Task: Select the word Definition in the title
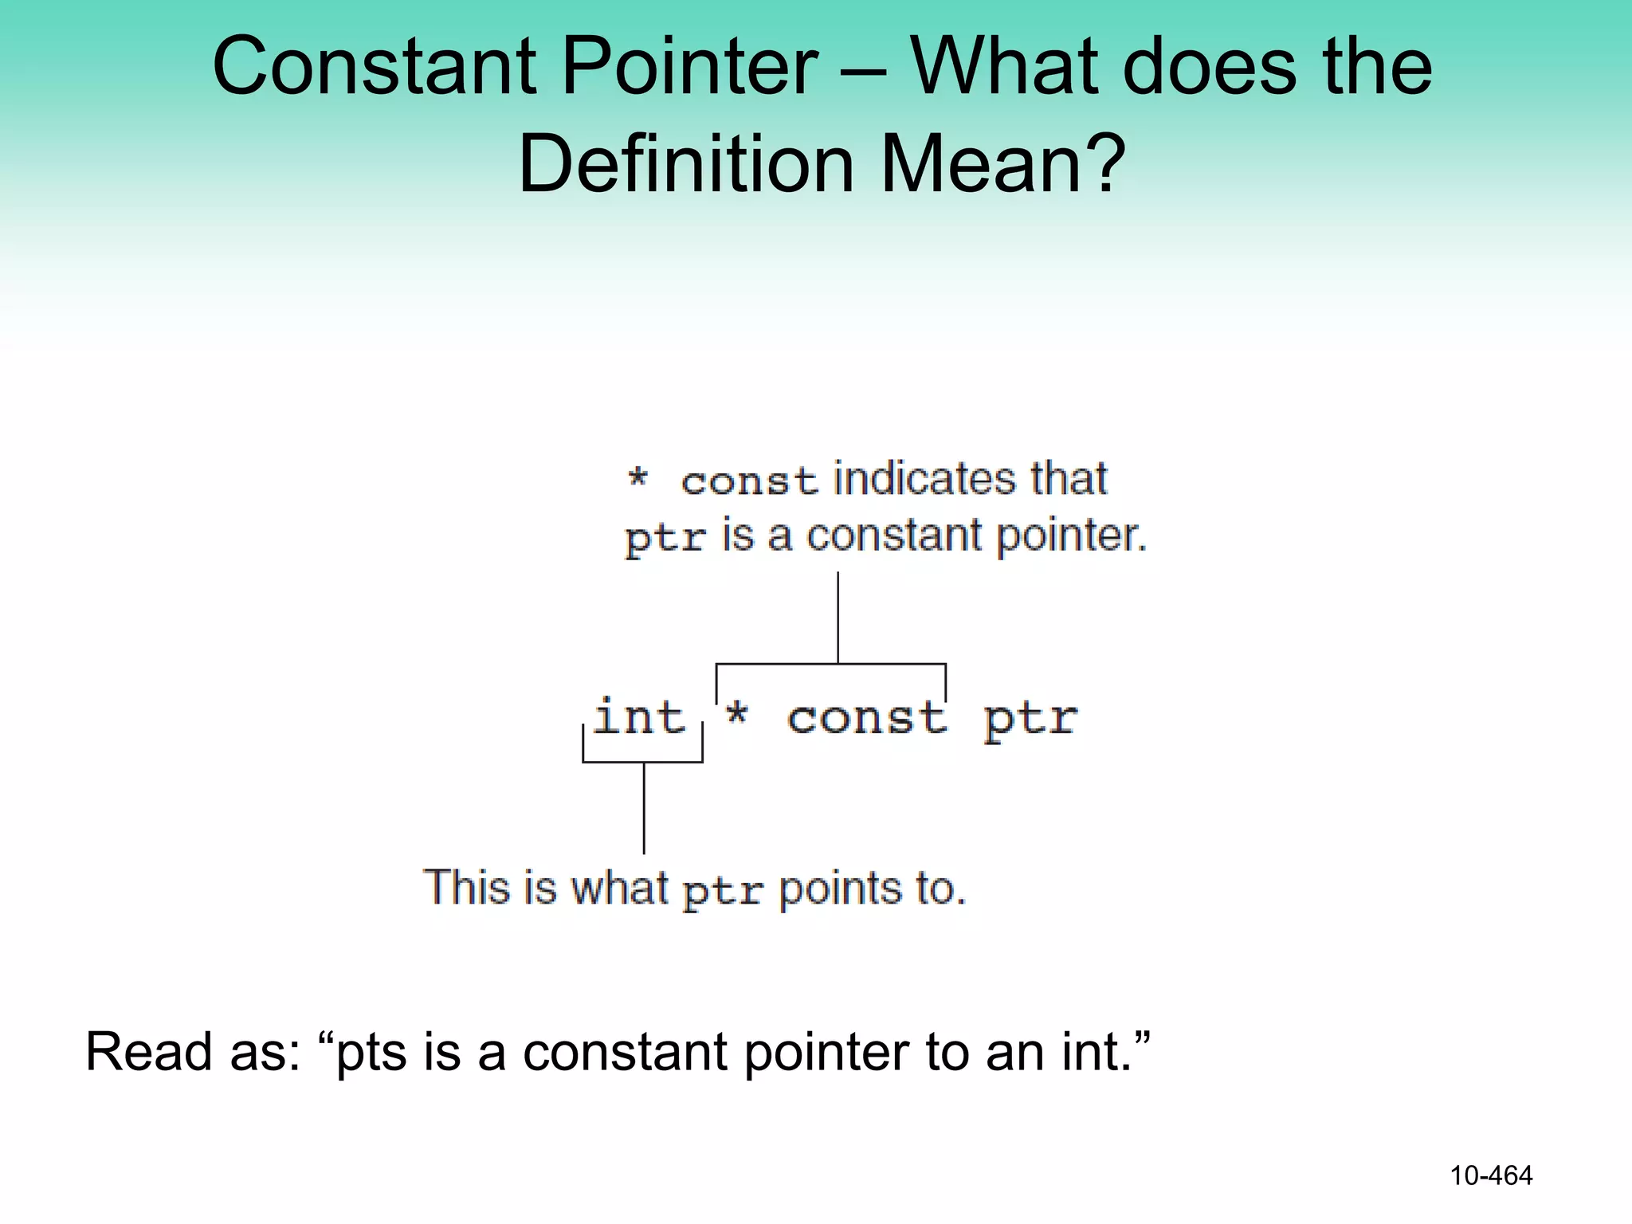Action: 687,164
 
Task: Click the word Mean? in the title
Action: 1003,164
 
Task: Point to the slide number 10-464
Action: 1491,1175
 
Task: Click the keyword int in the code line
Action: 639,716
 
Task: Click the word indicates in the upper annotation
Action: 925,479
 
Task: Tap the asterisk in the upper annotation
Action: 637,478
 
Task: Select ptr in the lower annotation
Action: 723,892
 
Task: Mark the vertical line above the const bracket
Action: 838,617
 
